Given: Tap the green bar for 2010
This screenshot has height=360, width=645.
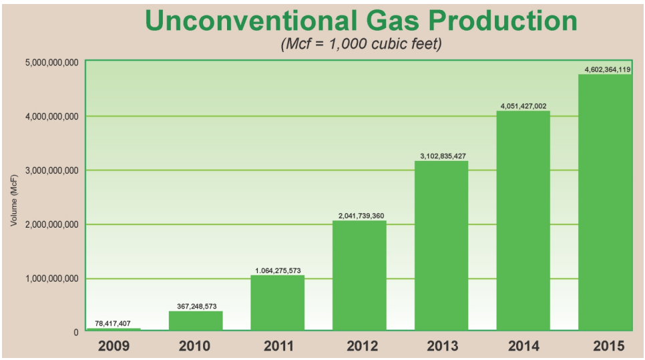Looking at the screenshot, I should pos(196,321).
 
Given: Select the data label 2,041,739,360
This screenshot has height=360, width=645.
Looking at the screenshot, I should pos(359,216).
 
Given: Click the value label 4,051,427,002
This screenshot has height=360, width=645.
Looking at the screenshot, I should pos(523,106).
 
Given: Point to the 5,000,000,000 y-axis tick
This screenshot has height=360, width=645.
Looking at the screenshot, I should pos(52,63).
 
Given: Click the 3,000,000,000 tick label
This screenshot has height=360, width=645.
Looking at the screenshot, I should pos(52,170).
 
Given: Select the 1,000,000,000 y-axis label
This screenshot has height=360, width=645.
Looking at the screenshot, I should pos(52,279).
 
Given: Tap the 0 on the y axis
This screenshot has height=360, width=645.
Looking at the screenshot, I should pos(75,332).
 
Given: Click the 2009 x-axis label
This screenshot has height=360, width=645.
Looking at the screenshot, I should pos(114,346).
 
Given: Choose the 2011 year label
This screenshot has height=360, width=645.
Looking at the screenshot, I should pos(277,346).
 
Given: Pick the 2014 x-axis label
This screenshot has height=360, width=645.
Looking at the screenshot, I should pos(523,346).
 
